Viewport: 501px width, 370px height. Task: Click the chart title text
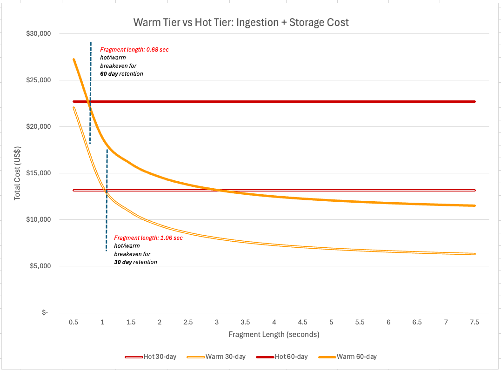[240, 22]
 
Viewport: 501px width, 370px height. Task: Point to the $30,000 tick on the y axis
[40, 34]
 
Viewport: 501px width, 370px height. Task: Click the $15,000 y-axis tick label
[40, 173]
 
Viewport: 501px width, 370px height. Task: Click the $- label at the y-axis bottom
[45, 313]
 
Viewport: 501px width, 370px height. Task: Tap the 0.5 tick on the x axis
[73, 322]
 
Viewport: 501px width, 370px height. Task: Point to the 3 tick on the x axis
[216, 322]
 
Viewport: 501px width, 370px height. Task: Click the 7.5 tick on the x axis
[474, 322]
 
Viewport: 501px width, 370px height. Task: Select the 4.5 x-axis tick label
[302, 322]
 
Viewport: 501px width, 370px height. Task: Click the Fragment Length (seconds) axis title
[274, 334]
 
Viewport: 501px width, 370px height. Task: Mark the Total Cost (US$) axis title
[17, 173]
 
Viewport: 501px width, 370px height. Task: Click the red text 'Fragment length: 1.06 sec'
[148, 238]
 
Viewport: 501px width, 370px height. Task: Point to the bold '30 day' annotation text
[123, 262]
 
